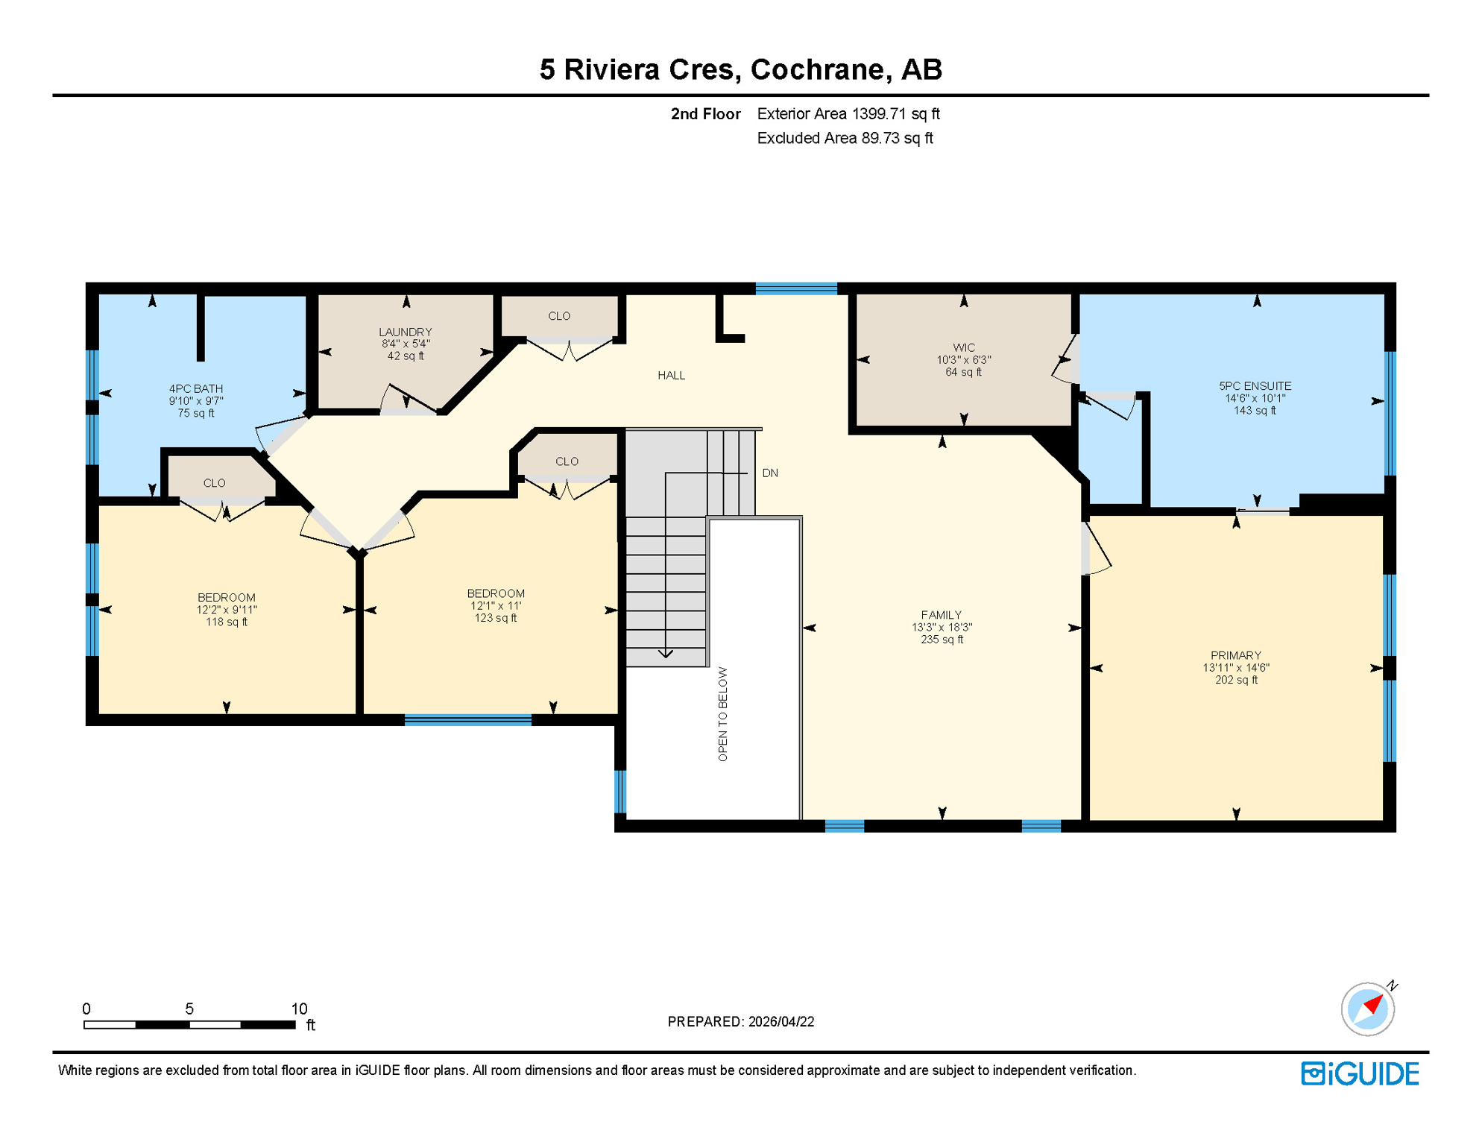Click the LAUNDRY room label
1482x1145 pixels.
(x=405, y=332)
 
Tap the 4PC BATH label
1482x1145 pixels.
(x=195, y=389)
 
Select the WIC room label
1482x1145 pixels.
(x=963, y=348)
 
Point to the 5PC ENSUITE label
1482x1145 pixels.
(x=1255, y=386)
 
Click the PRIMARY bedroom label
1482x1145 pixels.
(x=1235, y=656)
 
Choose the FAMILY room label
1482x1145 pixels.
(x=941, y=616)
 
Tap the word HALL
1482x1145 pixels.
(x=671, y=376)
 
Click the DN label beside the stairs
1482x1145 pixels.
(x=770, y=473)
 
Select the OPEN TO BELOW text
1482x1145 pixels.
(x=722, y=713)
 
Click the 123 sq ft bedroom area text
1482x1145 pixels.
(x=496, y=618)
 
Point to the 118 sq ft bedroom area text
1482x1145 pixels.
(x=227, y=622)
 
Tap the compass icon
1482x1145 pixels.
(x=1367, y=1009)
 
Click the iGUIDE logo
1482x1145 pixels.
(x=1360, y=1073)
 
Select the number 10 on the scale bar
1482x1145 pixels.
(x=299, y=1009)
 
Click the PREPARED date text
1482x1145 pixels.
(x=740, y=1022)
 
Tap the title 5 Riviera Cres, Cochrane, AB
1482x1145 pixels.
(x=740, y=69)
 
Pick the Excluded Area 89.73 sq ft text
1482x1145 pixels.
(x=845, y=139)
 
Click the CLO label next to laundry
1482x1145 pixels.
(x=559, y=317)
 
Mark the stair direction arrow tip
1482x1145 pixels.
(x=666, y=657)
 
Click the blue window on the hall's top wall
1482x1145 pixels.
(x=796, y=288)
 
